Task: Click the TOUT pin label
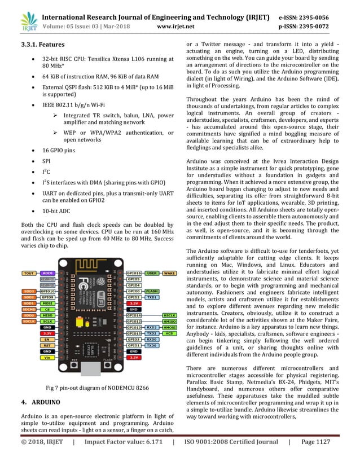[28, 273]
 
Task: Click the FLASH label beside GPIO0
[152, 291]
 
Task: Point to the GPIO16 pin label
[134, 273]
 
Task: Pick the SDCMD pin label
[28, 309]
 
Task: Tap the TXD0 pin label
[152, 345]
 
